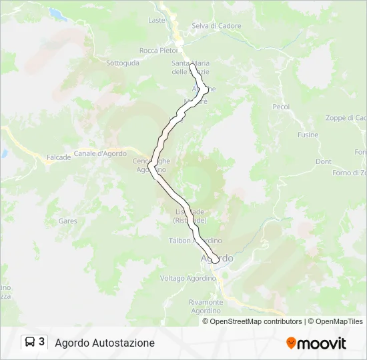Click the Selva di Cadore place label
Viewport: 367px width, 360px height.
pyautogui.click(x=216, y=26)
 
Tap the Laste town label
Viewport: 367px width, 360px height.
pyautogui.click(x=157, y=20)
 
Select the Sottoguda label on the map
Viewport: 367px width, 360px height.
pyautogui.click(x=123, y=63)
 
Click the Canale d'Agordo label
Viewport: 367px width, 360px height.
pyautogui.click(x=100, y=153)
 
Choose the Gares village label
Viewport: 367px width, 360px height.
pyautogui.click(x=67, y=221)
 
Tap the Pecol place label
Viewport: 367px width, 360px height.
pyautogui.click(x=281, y=107)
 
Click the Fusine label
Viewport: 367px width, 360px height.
pyautogui.click(x=308, y=135)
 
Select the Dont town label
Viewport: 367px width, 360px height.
pyautogui.click(x=324, y=162)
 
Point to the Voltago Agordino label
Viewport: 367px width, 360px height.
pyautogui.click(x=188, y=278)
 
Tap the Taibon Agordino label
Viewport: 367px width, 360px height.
pyautogui.click(x=196, y=241)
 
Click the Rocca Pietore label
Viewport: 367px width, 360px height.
pyautogui.click(x=158, y=50)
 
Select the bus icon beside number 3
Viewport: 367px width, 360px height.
pyautogui.click(x=30, y=343)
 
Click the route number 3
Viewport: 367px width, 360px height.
pyautogui.click(x=42, y=342)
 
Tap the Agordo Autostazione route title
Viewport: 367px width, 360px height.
pyautogui.click(x=105, y=343)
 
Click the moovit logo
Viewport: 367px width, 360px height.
pyautogui.click(x=316, y=343)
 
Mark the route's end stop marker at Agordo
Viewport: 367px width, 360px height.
pyautogui.click(x=213, y=259)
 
